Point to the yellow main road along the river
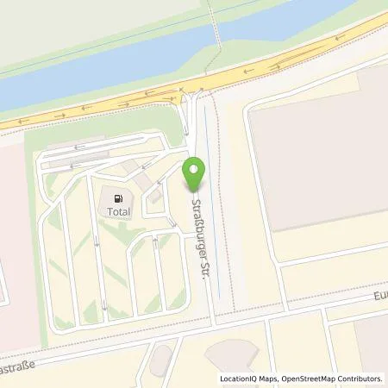(x=259, y=78)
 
